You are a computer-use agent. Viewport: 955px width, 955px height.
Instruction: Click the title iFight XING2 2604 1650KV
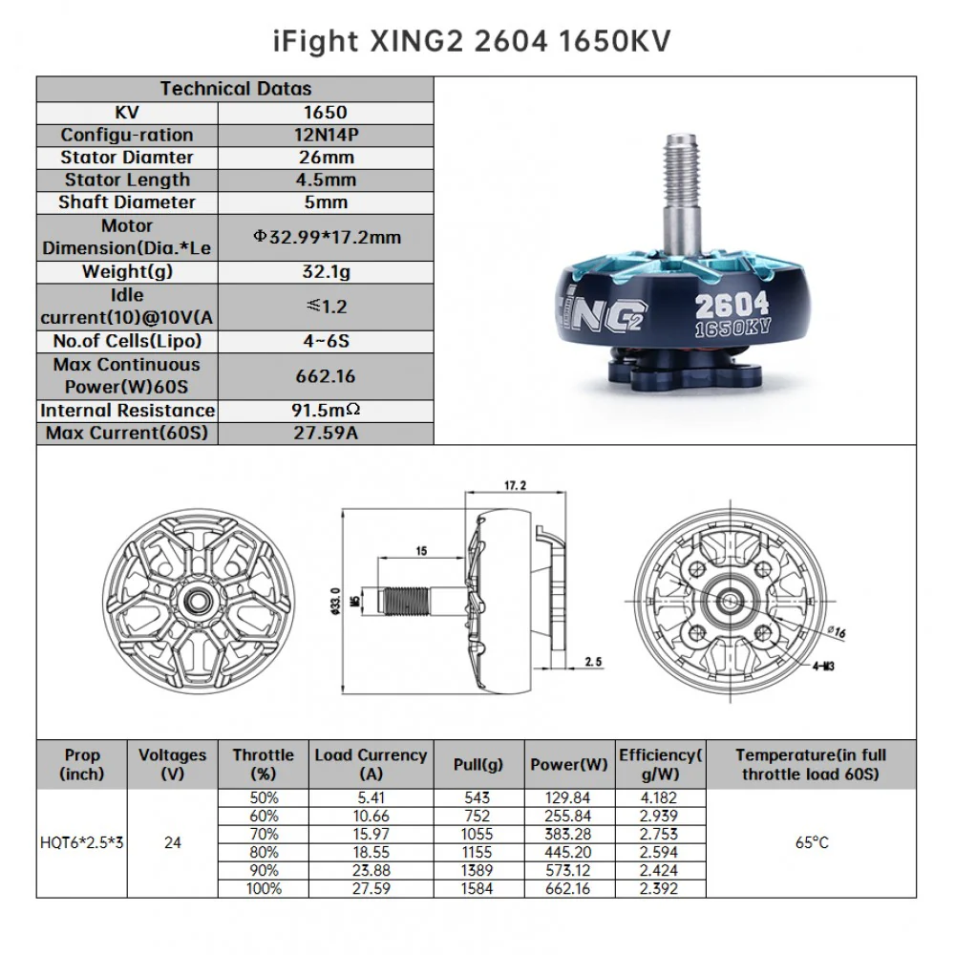472,41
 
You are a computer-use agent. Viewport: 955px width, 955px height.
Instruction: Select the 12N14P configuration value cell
326,135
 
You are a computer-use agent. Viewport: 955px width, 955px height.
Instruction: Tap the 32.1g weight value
326,271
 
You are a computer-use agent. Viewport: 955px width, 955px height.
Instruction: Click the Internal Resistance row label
127,411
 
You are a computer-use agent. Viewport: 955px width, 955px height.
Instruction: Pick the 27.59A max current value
326,433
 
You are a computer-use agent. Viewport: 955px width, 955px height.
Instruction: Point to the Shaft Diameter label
127,202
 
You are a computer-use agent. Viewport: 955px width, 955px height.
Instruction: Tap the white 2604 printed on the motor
732,306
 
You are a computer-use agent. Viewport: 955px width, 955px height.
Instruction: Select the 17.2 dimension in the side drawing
516,485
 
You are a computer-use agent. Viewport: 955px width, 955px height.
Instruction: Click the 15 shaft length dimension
421,551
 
